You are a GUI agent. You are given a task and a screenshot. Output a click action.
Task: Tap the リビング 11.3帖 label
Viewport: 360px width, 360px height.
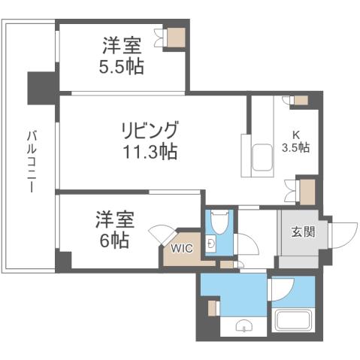point(150,139)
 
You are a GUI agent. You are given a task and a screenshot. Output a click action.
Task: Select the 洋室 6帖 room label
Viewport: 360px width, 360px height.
point(115,230)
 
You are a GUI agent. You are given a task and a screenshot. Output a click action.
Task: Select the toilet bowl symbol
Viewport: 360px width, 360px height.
point(219,222)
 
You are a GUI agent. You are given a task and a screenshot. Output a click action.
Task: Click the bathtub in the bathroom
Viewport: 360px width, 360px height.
point(292,321)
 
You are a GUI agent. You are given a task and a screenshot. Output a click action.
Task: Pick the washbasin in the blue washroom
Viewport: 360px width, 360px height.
point(245,325)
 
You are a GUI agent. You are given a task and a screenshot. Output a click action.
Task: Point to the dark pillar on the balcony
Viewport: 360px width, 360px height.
point(41,88)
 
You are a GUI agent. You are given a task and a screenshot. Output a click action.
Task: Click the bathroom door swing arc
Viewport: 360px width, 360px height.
point(281,289)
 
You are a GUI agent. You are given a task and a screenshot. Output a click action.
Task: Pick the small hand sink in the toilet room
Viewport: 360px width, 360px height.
point(211,244)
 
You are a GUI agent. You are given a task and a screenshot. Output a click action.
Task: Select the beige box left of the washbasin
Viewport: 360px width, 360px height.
point(213,307)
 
